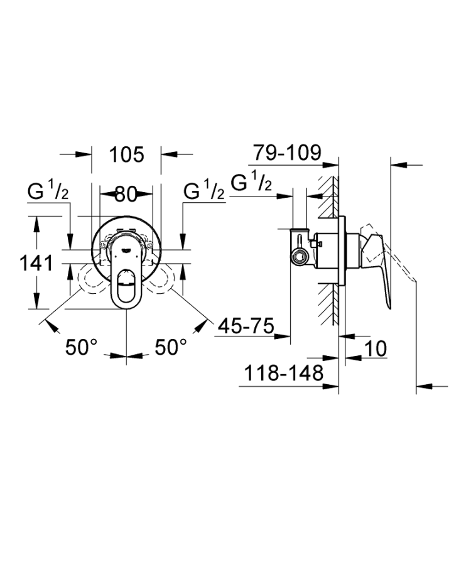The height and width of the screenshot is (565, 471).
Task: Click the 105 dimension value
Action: [x=126, y=154]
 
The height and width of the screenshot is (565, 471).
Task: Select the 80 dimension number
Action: [x=126, y=194]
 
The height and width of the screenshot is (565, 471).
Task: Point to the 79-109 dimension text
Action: [x=287, y=152]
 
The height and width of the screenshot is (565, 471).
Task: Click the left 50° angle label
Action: [x=82, y=348]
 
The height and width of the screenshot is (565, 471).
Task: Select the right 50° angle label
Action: [x=171, y=348]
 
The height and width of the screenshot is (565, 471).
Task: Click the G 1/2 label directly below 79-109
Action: [x=251, y=183]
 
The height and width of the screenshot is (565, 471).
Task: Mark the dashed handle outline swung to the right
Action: [x=167, y=278]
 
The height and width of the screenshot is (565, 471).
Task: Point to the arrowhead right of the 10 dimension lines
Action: [x=351, y=359]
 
